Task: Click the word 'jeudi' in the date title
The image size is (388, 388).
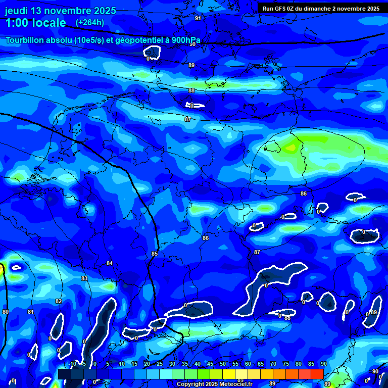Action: tap(19, 11)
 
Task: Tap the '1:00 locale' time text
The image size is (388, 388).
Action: tap(35, 23)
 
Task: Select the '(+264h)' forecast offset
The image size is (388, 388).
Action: tap(90, 23)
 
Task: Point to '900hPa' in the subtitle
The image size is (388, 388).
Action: tap(179, 40)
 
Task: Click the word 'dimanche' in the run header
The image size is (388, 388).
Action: tap(323, 9)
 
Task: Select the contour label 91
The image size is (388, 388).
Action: tap(198, 18)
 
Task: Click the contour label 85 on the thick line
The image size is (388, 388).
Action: tap(155, 254)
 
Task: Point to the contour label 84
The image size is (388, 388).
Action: tap(110, 263)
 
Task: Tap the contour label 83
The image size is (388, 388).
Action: tap(84, 278)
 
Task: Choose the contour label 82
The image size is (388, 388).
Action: tap(59, 301)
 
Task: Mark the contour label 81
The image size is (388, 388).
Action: tap(31, 312)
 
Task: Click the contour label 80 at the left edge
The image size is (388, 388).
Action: tap(6, 312)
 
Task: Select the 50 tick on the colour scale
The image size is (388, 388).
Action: tap(223, 364)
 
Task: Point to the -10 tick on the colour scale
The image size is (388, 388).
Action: tap(72, 364)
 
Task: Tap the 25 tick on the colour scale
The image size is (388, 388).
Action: tap(160, 364)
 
